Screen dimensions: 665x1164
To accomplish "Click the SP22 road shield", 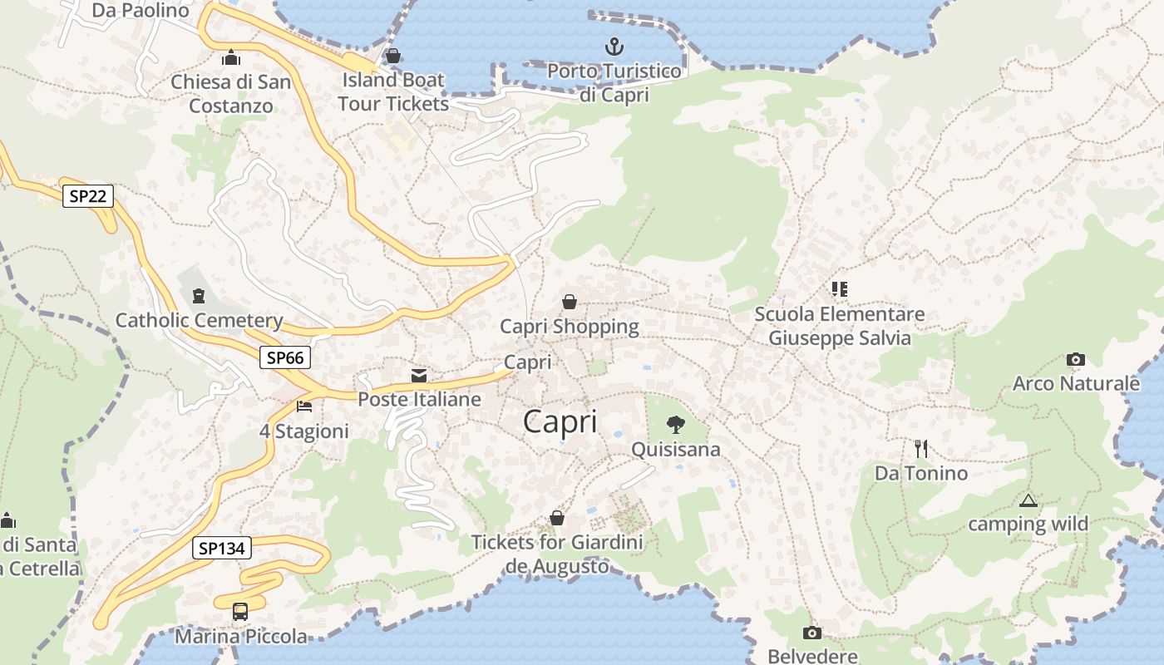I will tap(87, 196).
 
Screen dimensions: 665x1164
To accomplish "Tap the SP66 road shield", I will tap(284, 357).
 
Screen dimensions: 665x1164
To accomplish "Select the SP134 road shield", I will tap(222, 549).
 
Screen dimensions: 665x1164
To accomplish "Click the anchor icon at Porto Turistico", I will tap(614, 46).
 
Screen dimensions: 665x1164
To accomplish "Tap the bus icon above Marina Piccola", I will tap(239, 612).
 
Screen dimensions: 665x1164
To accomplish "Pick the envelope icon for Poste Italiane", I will tap(419, 376).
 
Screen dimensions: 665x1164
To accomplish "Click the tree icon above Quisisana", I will tap(676, 426).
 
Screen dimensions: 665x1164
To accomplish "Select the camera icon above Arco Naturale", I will tap(1075, 360).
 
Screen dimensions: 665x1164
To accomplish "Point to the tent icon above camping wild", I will tap(1028, 501).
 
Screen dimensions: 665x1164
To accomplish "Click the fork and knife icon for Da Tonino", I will tap(921, 449).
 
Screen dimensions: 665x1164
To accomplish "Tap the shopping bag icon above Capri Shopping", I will tap(570, 302).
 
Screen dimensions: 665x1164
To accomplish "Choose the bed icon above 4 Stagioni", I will tap(304, 406).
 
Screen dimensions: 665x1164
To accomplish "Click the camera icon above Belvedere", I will tap(811, 633).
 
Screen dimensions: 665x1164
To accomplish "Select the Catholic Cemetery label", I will tap(200, 320).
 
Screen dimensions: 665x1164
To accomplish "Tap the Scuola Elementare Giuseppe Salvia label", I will tap(839, 326).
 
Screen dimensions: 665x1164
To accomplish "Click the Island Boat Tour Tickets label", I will tap(393, 91).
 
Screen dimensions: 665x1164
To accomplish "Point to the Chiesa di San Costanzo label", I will tap(231, 94).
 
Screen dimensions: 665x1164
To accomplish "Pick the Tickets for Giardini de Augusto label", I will tap(557, 554).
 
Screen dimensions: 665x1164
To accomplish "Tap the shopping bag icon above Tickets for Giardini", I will tap(557, 519).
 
